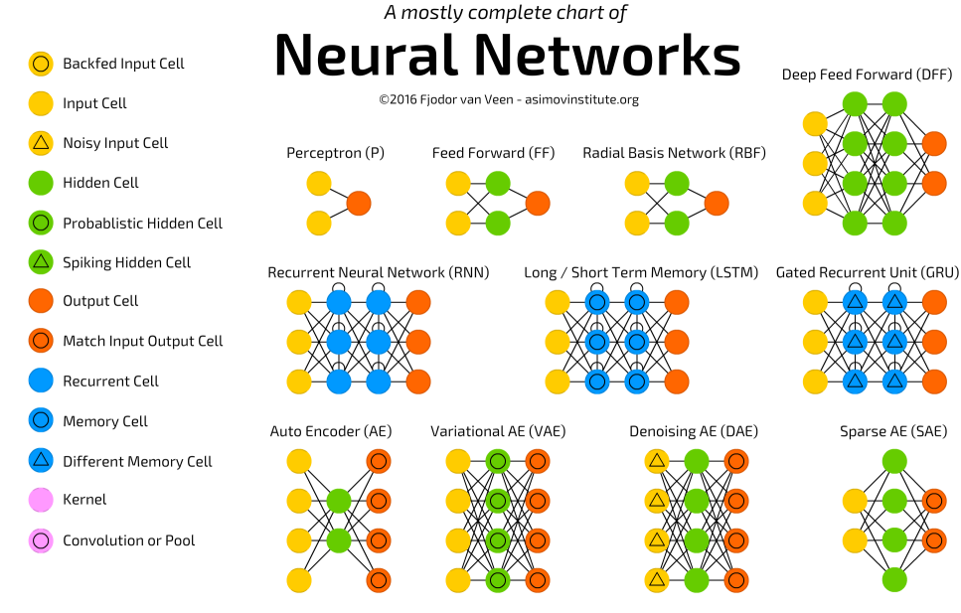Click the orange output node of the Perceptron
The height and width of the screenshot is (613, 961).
pyautogui.click(x=359, y=204)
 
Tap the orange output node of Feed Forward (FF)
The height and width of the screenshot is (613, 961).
pyautogui.click(x=538, y=204)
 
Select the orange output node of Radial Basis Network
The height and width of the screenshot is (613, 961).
pyautogui.click(x=716, y=204)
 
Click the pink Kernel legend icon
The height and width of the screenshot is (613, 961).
pyautogui.click(x=41, y=500)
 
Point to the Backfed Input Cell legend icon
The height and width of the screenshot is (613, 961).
pyautogui.click(x=41, y=64)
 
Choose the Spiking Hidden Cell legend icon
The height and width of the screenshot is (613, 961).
pyautogui.click(x=41, y=262)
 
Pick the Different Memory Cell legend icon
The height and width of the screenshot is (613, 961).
pyautogui.click(x=41, y=461)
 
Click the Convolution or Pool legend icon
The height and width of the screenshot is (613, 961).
pyautogui.click(x=41, y=540)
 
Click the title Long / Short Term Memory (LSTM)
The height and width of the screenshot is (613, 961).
pyautogui.click(x=641, y=272)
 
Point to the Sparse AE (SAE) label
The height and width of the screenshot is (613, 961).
pyautogui.click(x=893, y=431)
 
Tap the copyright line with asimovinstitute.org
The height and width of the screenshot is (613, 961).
pyautogui.click(x=508, y=99)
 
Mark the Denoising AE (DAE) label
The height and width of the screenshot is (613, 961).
pyautogui.click(x=695, y=431)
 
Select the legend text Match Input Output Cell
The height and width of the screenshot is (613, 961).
pyautogui.click(x=143, y=341)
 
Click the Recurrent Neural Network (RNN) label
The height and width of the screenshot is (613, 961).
pyautogui.click(x=378, y=272)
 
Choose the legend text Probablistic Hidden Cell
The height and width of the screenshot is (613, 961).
pyautogui.click(x=142, y=223)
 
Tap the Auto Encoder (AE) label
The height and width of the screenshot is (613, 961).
pyautogui.click(x=331, y=431)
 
